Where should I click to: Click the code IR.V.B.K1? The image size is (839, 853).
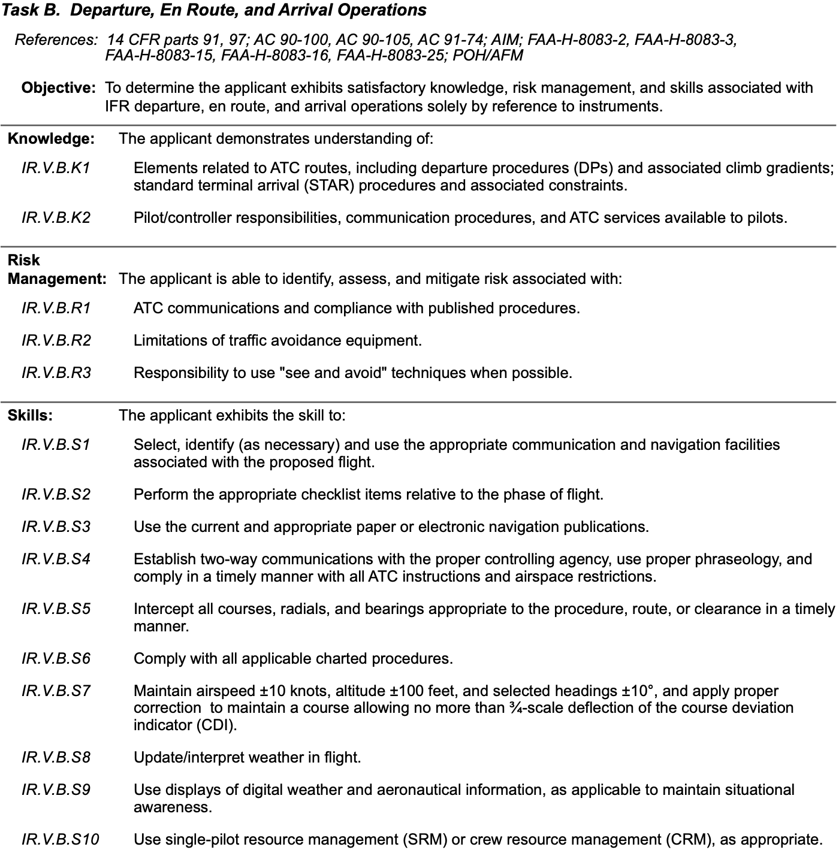pos(56,168)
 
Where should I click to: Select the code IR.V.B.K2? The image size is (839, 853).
pos(56,217)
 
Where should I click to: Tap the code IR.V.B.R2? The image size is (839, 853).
pos(56,341)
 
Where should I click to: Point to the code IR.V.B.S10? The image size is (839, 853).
pos(60,839)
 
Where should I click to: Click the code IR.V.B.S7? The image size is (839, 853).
pos(56,691)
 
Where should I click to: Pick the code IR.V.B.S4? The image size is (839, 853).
pos(56,559)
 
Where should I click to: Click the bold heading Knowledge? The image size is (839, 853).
pos(51,139)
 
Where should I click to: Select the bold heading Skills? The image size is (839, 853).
pos(30,415)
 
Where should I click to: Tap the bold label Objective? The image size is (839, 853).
pos(58,88)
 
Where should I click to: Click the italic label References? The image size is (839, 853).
pos(56,40)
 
